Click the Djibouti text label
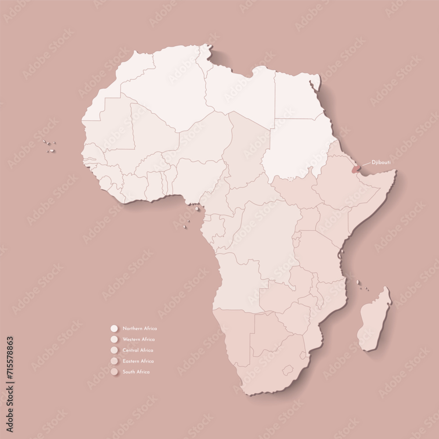pos(381,162)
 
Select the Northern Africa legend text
pos(140,328)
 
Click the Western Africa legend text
pos(138,339)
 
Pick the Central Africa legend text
pos(138,350)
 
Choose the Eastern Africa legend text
pos(138,361)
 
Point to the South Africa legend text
pos(136,372)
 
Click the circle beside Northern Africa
pos(114,328)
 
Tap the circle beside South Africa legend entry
pos(114,372)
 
